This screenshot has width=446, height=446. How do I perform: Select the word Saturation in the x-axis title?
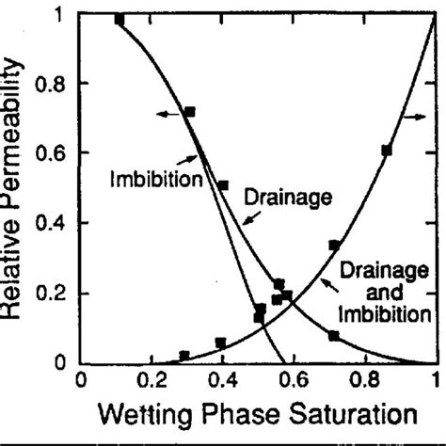tap(336, 413)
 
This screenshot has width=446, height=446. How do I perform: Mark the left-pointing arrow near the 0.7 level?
tap(166, 114)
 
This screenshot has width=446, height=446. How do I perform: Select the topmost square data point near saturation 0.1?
tap(119, 20)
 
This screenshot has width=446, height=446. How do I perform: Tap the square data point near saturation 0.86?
tap(387, 151)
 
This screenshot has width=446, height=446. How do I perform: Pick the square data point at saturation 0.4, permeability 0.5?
tap(223, 185)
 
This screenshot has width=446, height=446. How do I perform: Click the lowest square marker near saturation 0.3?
tap(184, 356)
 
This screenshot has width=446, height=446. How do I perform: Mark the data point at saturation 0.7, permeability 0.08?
tap(334, 336)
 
